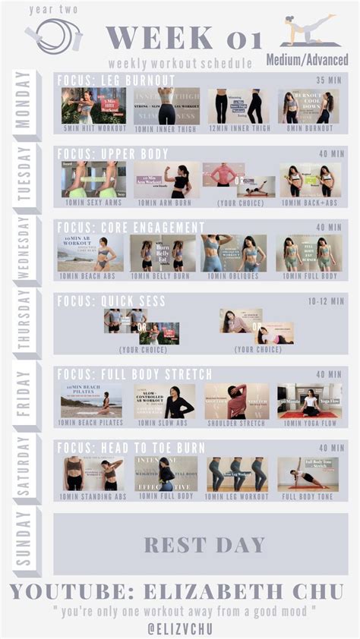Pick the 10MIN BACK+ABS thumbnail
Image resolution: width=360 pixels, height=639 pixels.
(310, 180)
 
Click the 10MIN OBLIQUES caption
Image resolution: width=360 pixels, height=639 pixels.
(233, 275)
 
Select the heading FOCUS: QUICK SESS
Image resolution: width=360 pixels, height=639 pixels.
(111, 301)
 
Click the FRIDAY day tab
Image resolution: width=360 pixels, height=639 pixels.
(27, 395)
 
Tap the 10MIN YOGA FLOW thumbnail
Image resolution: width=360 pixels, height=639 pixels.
(309, 401)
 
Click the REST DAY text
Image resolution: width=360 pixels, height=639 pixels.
(204, 544)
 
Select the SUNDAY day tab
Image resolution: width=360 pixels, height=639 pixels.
(27, 543)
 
